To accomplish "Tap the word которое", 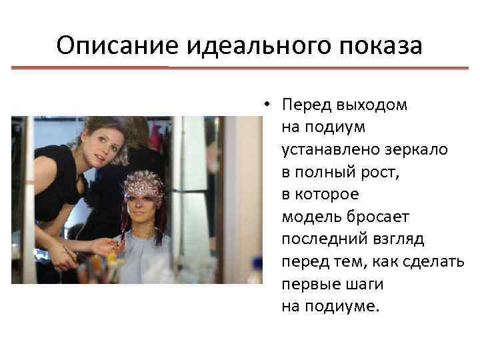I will point(327,195).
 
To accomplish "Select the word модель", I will point(307,217).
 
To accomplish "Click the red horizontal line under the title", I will point(240,68).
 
